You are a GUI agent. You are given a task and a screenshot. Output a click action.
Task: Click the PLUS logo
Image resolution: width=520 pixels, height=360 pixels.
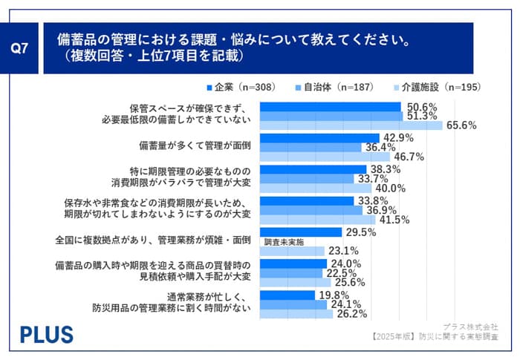(x=46, y=333)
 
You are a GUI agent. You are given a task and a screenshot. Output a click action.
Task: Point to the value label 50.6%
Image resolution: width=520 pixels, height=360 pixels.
(x=420, y=106)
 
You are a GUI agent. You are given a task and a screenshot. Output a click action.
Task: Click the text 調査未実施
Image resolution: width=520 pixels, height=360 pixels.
(x=285, y=242)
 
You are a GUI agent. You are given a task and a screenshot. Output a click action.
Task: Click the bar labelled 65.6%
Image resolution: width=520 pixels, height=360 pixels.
(x=352, y=125)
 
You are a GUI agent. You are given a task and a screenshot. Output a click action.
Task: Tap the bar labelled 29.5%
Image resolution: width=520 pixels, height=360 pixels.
(x=301, y=232)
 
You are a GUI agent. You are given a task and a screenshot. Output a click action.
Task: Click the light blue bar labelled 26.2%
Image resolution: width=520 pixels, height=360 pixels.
(x=296, y=314)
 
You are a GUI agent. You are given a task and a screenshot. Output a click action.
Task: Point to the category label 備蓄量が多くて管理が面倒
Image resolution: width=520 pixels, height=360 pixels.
(x=194, y=145)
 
